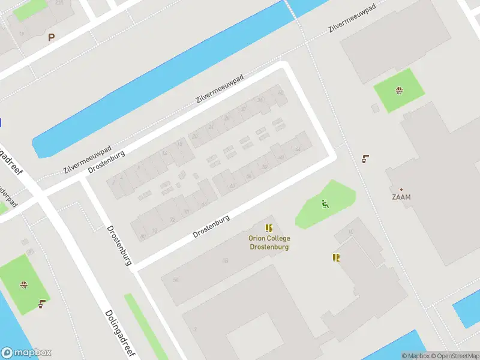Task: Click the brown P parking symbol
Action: point(51,38)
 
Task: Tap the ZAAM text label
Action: point(401,197)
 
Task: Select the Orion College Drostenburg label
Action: point(269,242)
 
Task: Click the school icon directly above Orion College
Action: point(269,228)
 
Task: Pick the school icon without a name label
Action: point(336,257)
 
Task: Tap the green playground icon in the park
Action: point(325,204)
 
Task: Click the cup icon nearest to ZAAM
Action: point(365,159)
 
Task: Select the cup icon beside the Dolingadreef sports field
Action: point(41,304)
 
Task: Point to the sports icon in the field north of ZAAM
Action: point(398,91)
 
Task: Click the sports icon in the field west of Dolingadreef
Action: point(23,284)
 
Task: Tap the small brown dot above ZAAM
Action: point(401,189)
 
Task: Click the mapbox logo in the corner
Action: point(26,353)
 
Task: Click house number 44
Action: point(298,150)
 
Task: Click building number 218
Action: point(59,3)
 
